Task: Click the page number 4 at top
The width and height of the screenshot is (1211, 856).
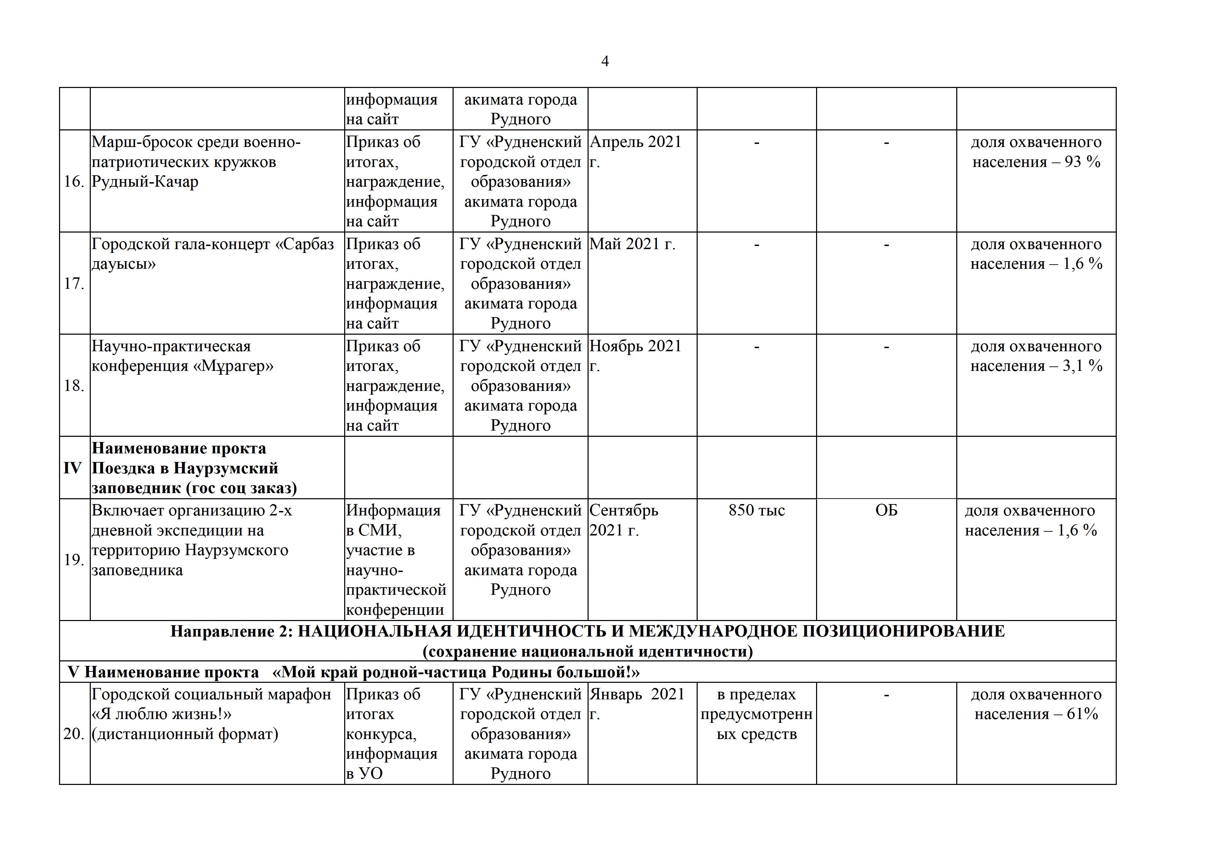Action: tap(604, 62)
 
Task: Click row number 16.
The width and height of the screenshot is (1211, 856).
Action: tap(74, 182)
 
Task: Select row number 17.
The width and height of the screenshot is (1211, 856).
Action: tap(74, 284)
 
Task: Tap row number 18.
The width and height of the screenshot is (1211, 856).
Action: tap(74, 386)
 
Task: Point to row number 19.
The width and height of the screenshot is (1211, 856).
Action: tap(74, 560)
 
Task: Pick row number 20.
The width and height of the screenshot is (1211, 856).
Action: tap(74, 734)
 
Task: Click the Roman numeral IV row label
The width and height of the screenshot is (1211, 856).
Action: tap(73, 468)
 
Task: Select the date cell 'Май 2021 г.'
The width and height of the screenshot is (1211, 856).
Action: tap(632, 244)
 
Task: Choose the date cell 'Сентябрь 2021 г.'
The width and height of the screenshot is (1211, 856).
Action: tap(623, 520)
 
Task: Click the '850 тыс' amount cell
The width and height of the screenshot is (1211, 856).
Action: tap(756, 510)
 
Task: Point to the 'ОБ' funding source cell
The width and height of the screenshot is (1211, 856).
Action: tap(886, 510)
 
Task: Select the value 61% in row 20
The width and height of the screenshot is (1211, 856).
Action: tap(1082, 714)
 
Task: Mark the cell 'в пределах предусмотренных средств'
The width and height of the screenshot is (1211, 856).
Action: tap(756, 714)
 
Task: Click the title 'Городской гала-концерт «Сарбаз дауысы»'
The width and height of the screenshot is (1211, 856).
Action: tap(213, 254)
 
